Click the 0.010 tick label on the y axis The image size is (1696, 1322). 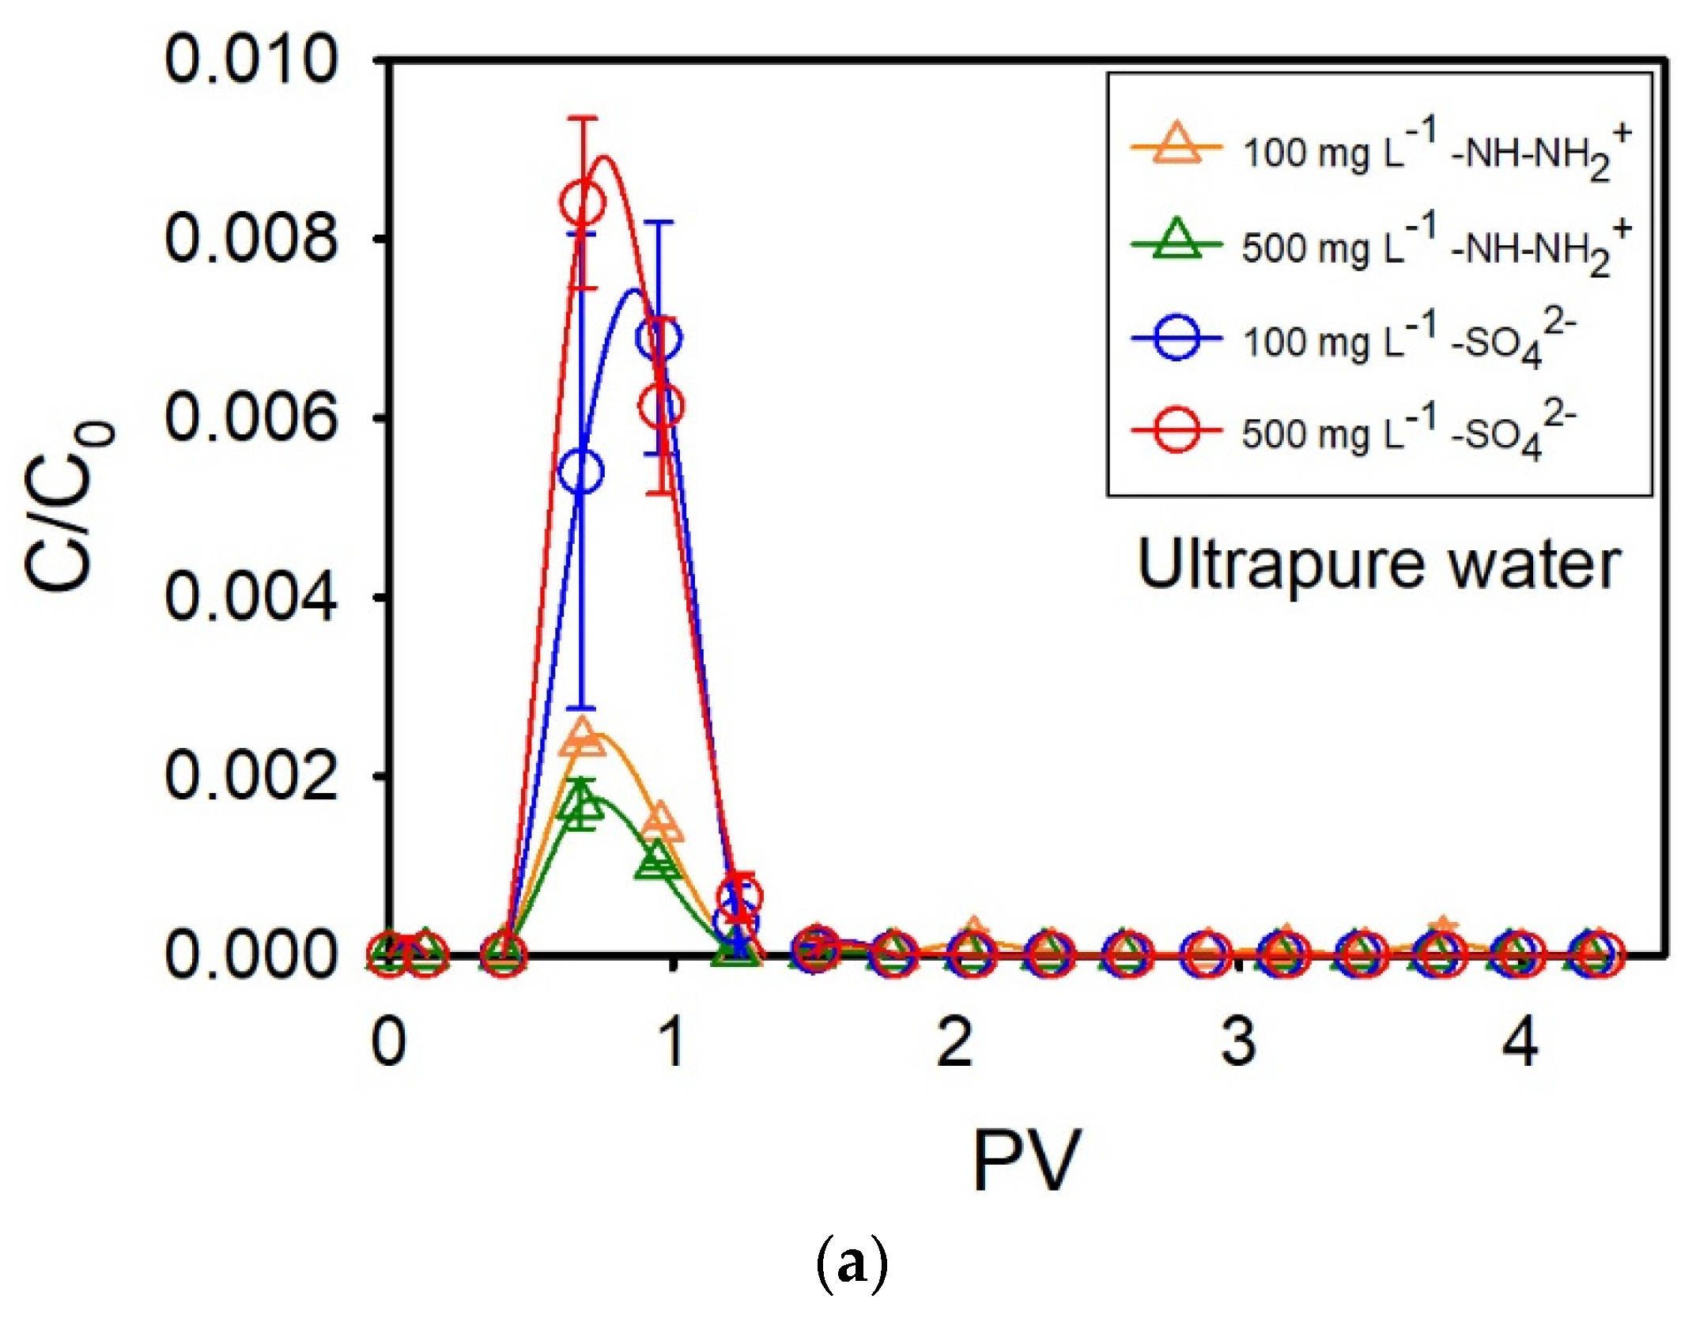[251, 60]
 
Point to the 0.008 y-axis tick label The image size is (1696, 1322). [251, 239]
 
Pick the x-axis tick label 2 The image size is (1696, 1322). [954, 1042]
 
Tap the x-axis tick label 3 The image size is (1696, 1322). [1238, 1042]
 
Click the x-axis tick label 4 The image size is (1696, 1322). [1520, 1042]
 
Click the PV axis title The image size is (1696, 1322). [1026, 1161]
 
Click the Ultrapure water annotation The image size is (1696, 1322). [1379, 566]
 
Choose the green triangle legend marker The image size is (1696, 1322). [1177, 241]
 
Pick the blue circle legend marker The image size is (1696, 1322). [1177, 338]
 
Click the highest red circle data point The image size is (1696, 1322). [583, 202]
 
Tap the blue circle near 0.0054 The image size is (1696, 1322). [581, 472]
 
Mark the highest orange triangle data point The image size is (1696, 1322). [584, 737]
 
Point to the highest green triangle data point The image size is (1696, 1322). [582, 805]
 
